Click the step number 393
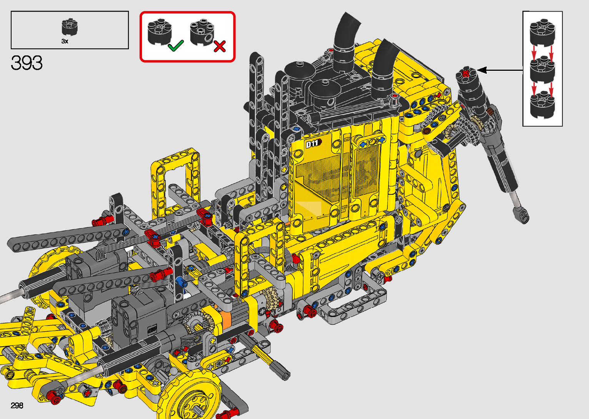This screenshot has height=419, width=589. click(x=27, y=63)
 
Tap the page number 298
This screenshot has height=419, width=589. click(x=17, y=405)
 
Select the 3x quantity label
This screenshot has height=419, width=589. click(x=65, y=41)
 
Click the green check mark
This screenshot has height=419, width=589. click(x=176, y=45)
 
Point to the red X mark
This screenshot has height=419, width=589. click(x=220, y=46)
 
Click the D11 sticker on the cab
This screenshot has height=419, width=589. click(x=313, y=144)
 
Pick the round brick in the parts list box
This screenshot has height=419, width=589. click(x=70, y=27)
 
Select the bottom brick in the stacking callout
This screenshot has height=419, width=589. click(x=542, y=105)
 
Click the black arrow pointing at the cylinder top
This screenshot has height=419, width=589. click(x=500, y=70)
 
